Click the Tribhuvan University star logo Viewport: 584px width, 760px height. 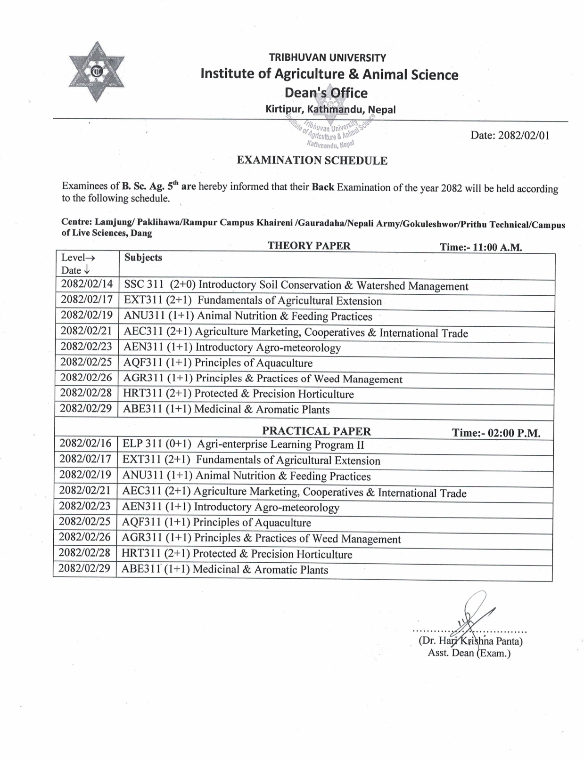(97, 72)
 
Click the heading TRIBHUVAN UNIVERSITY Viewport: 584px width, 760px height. (327, 58)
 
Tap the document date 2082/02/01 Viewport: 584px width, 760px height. (510, 136)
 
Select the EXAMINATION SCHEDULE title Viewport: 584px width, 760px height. (312, 161)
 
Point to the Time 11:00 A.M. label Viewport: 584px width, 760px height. (481, 247)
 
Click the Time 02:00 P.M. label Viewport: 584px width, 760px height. (496, 433)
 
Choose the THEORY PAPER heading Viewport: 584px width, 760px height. (309, 245)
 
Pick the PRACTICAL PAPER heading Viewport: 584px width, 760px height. (316, 431)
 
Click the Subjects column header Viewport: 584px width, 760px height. (143, 258)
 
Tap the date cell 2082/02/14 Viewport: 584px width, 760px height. (87, 284)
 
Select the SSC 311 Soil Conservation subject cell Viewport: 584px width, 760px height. (296, 285)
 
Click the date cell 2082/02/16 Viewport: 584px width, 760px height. (86, 444)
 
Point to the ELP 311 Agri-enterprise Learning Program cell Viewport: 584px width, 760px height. (243, 445)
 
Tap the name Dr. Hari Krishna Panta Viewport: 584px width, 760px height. (470, 641)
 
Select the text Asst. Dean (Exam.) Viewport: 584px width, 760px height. (469, 653)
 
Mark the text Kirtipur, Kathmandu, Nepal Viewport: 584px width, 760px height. (330, 110)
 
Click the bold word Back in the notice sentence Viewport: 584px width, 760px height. (323, 187)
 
